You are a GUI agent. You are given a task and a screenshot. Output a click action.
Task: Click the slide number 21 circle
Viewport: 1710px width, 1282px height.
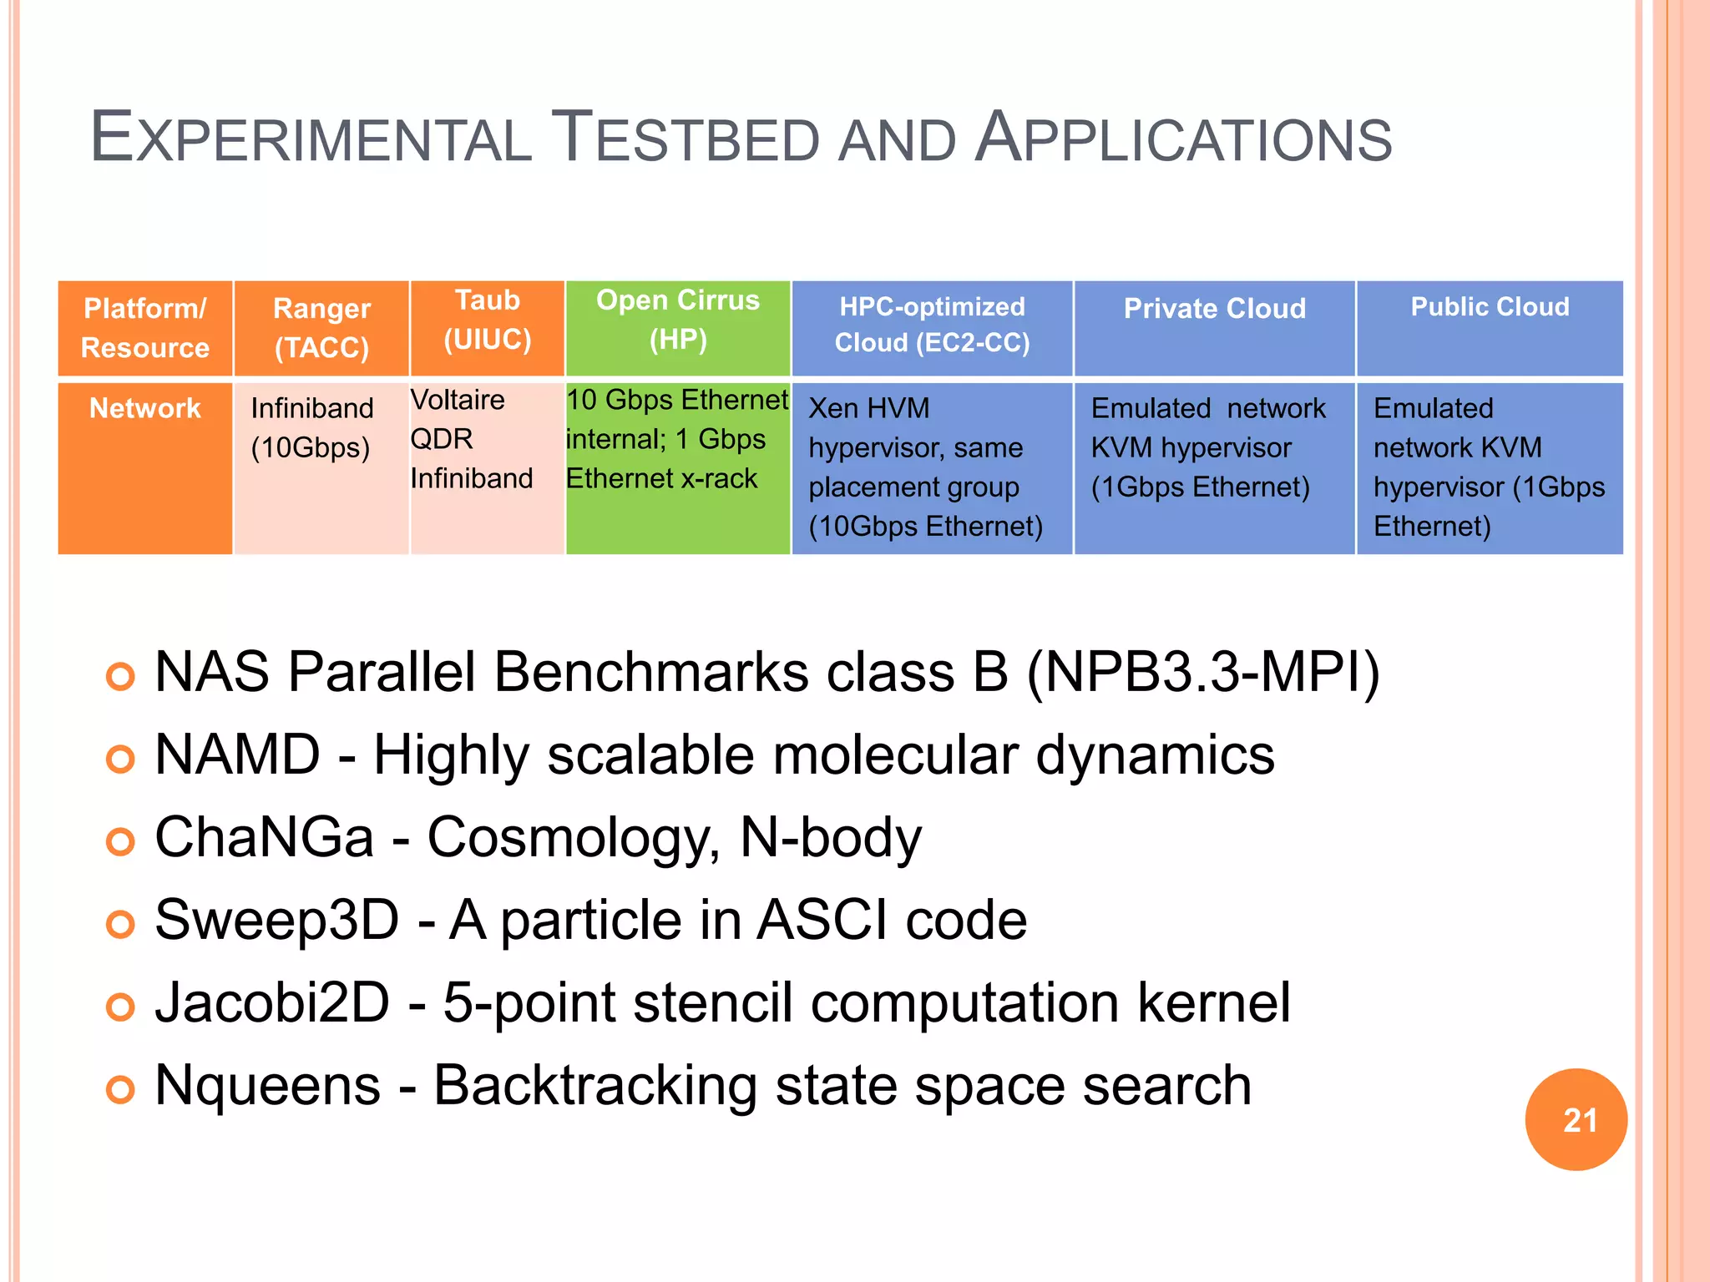1576,1119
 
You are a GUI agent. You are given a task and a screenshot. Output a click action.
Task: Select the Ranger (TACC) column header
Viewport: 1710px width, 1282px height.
321,328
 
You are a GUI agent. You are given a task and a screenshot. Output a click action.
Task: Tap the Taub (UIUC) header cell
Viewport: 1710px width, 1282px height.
487,328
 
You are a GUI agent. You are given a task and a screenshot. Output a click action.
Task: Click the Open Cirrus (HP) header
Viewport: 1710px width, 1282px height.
678,328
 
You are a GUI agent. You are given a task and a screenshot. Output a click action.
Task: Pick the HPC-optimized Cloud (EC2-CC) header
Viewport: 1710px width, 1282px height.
932,328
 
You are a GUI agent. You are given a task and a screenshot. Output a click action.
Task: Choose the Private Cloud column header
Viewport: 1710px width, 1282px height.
1214,328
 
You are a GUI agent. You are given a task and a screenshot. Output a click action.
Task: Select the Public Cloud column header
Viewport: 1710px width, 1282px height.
1490,328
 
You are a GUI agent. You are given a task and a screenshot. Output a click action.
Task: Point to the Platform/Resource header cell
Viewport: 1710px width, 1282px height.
144,328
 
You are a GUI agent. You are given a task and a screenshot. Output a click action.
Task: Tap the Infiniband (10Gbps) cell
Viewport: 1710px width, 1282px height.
321,467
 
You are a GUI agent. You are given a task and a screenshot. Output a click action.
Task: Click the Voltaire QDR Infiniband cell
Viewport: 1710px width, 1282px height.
487,467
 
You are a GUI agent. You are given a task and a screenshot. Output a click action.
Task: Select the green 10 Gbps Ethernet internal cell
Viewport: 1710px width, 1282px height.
678,467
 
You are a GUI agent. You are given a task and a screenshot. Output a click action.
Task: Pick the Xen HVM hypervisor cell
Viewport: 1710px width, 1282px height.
932,467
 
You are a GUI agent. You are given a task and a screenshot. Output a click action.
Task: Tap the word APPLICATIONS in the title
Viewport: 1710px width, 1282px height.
1183,138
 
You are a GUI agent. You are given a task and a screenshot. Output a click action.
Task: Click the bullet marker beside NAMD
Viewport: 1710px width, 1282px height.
120,760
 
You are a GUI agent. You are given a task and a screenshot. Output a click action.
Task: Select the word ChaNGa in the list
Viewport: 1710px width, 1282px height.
264,837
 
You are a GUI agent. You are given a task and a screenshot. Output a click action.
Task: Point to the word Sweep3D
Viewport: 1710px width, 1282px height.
277,920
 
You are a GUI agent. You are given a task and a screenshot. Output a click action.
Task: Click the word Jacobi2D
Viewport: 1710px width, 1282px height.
272,1002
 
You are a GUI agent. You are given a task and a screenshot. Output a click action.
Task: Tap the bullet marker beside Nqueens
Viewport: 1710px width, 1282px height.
120,1089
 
